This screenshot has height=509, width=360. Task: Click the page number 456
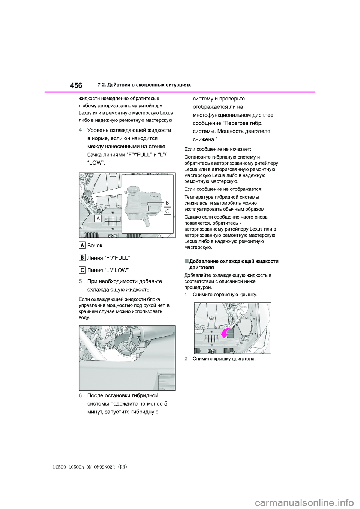tap(76, 85)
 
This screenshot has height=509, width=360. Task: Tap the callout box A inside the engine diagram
tap(99, 219)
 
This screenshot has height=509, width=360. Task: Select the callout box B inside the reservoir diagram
tap(167, 202)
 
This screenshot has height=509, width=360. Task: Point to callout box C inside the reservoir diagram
tap(167, 211)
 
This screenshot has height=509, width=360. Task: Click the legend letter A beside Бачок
tap(82, 245)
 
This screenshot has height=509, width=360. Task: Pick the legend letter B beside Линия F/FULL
tap(82, 257)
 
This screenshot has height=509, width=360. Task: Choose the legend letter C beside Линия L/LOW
tap(82, 270)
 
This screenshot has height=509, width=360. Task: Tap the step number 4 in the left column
tap(81, 130)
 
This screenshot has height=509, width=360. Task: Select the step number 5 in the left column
tap(81, 281)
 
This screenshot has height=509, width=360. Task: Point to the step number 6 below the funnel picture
tap(81, 396)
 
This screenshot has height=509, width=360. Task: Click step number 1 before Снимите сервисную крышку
tap(186, 295)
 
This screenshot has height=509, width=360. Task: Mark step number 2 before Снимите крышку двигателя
tap(186, 359)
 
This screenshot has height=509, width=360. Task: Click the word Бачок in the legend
tap(94, 246)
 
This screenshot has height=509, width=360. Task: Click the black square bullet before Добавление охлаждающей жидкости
tap(186, 261)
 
